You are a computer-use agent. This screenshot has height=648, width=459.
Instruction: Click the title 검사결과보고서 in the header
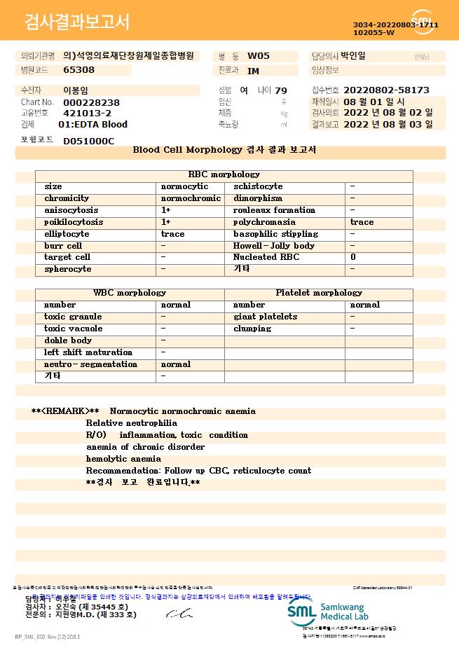coord(77,22)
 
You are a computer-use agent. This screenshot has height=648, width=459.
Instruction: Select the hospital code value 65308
coord(78,70)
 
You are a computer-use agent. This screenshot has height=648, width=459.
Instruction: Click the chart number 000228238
coord(91,102)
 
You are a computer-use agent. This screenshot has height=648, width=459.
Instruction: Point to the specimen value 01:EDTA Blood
coord(93,124)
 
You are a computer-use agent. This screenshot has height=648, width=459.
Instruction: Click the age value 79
coord(281,90)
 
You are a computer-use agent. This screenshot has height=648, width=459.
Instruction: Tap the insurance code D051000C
coord(88,141)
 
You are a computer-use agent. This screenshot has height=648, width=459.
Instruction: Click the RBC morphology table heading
coord(224,174)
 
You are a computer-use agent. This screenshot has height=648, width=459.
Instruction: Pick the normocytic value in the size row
coord(184,186)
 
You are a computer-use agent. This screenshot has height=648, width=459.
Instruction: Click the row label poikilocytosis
coord(74,222)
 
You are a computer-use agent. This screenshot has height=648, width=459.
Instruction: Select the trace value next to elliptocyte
coord(173,234)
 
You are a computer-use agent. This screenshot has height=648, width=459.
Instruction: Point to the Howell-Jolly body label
coord(274,246)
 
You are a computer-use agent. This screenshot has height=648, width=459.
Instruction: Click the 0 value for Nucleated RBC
coord(352,257)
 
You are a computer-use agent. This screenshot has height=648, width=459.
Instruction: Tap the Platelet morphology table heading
coord(319,293)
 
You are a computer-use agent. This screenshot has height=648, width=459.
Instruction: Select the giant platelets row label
coord(265,317)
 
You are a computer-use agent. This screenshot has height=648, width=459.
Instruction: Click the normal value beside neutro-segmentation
coord(176,364)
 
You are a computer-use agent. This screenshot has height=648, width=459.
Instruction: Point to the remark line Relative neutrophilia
coord(132,423)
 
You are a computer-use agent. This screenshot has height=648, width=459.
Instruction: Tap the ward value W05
coord(259,56)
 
